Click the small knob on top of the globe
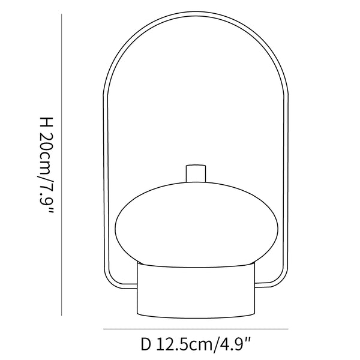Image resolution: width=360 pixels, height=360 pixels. tap(195, 172)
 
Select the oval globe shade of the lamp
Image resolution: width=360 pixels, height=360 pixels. tap(195, 221)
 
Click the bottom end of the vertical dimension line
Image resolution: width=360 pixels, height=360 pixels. tap(63, 314)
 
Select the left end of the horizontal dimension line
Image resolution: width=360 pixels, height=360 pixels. tap(104, 329)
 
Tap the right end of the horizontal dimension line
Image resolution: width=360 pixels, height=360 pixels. tap(288, 329)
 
